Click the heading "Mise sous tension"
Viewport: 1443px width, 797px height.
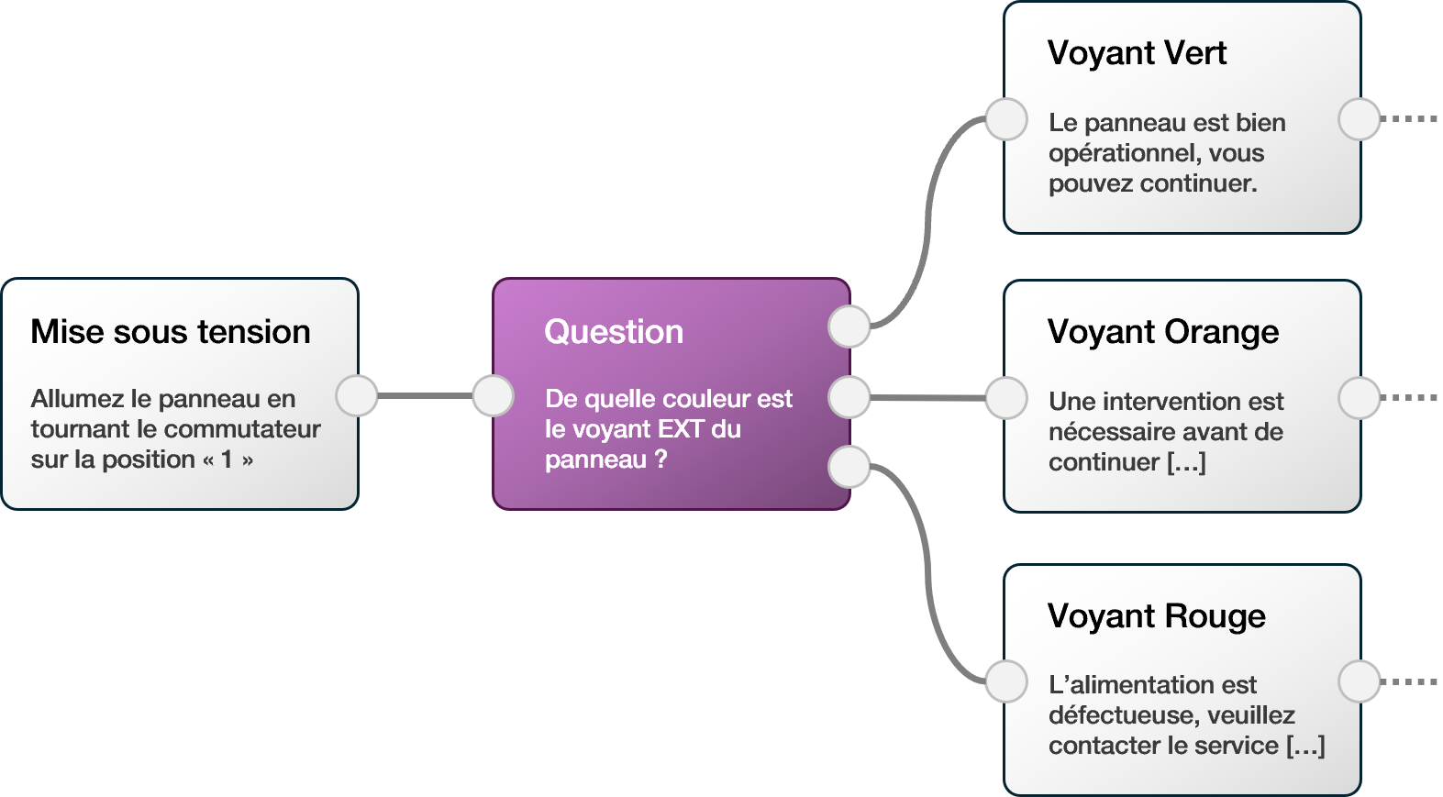click(171, 332)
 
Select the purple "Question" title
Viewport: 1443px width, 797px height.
click(614, 332)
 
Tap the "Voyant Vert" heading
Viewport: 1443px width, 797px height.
click(1137, 53)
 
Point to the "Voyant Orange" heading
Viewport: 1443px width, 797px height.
click(1163, 332)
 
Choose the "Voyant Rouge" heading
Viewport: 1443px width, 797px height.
click(1156, 616)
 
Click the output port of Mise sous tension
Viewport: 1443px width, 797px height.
click(357, 396)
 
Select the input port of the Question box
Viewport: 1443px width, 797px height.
click(493, 396)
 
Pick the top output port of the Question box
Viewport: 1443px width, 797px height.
click(849, 327)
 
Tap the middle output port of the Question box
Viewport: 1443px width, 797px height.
click(849, 397)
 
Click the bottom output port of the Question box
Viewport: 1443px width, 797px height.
click(849, 467)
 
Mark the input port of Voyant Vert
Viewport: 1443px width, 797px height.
click(1006, 119)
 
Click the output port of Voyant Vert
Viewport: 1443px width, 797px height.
click(1360, 119)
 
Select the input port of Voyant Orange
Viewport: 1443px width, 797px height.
click(1006, 398)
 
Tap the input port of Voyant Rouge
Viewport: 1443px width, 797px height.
click(1006, 681)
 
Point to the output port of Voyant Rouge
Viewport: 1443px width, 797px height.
click(1360, 681)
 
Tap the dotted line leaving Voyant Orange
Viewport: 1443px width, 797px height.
click(1411, 398)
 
